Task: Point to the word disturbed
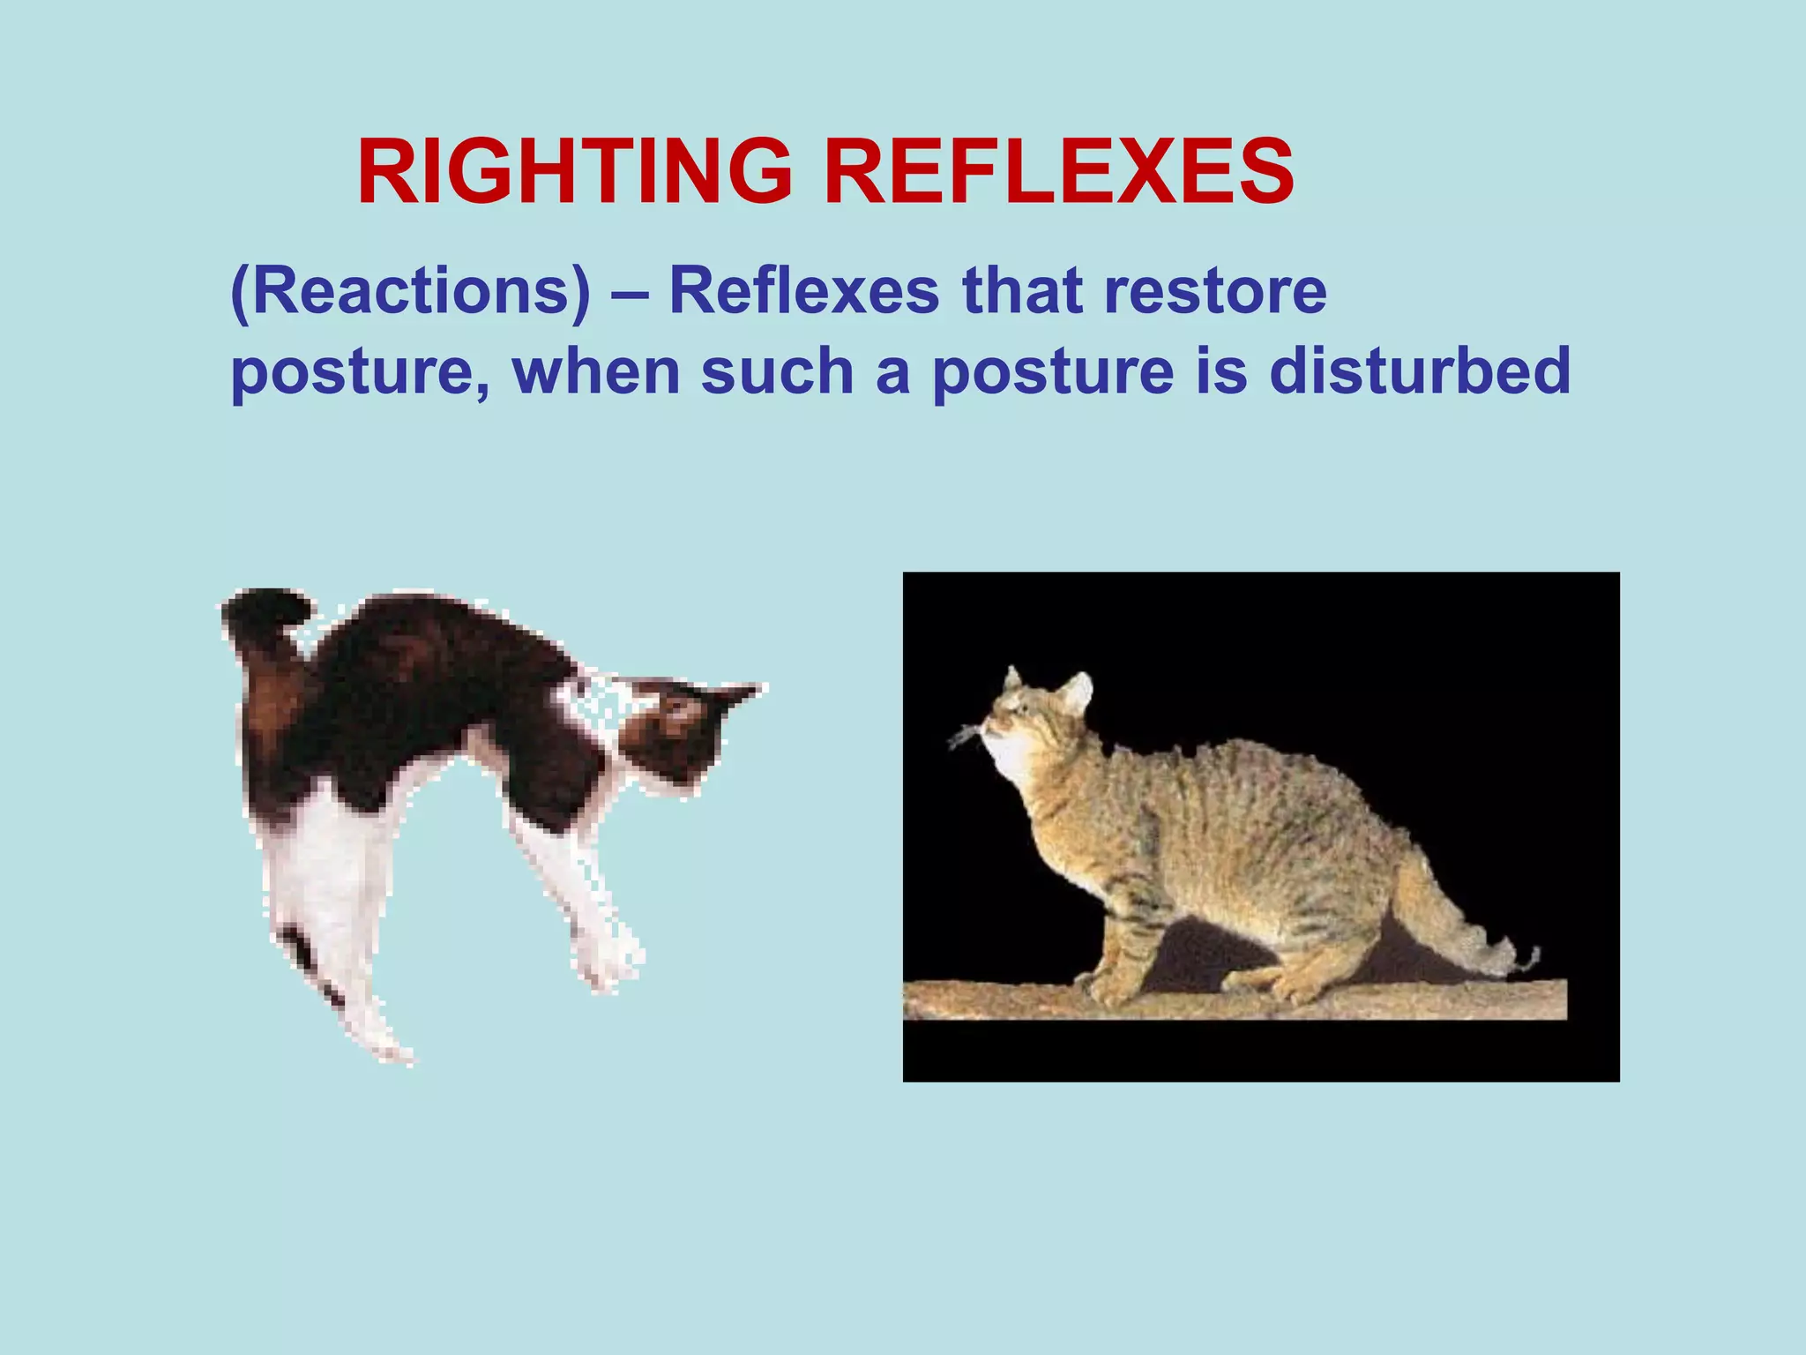tap(1420, 371)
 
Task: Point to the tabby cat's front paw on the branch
tap(1102, 988)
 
